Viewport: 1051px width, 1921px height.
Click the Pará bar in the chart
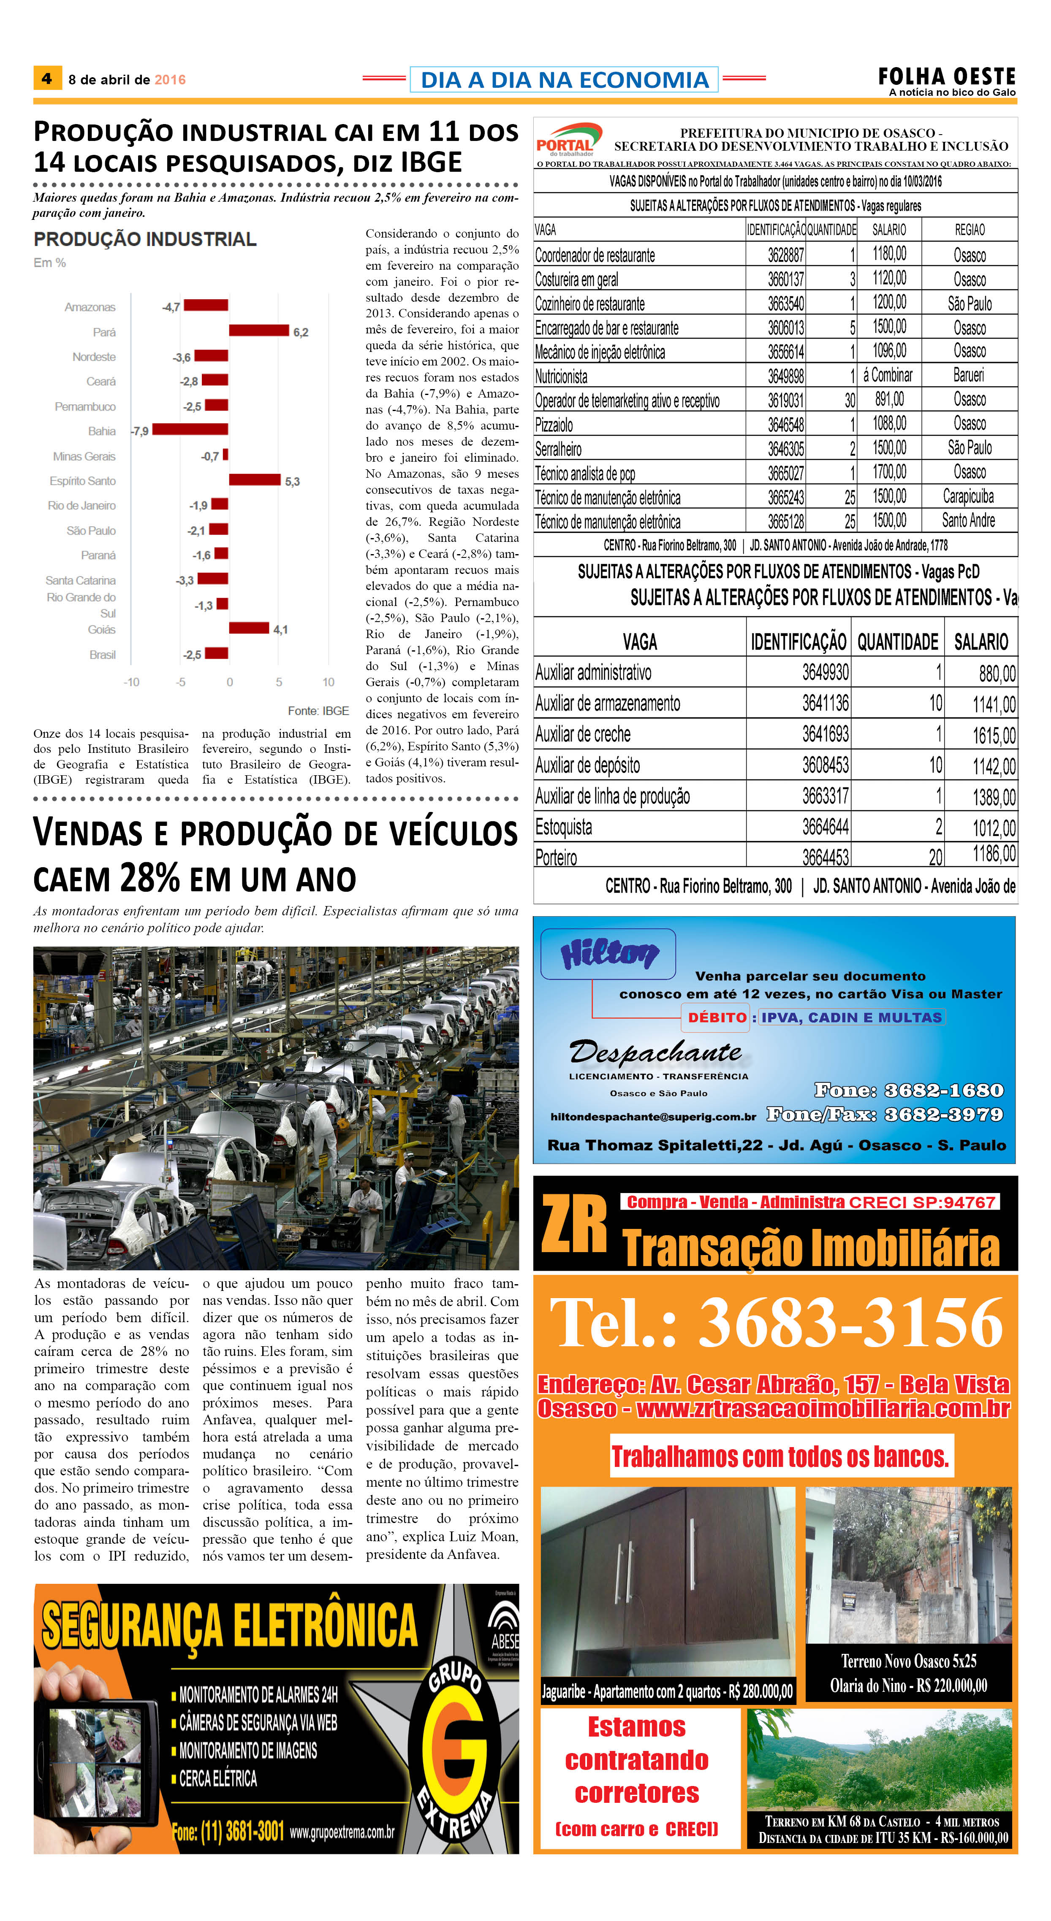click(258, 330)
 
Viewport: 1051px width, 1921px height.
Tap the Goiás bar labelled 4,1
click(248, 628)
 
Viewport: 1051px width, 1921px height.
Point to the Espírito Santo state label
click(83, 481)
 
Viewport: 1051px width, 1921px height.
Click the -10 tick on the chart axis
click(131, 682)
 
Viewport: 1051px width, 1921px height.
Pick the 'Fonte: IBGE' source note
click(318, 711)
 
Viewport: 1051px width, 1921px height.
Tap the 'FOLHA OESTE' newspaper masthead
click(946, 76)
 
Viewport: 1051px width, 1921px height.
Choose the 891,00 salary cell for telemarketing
click(889, 400)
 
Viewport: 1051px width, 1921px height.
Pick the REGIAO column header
click(969, 230)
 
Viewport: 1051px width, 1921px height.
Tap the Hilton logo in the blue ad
click(608, 954)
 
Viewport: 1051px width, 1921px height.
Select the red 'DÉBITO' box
click(716, 1017)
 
